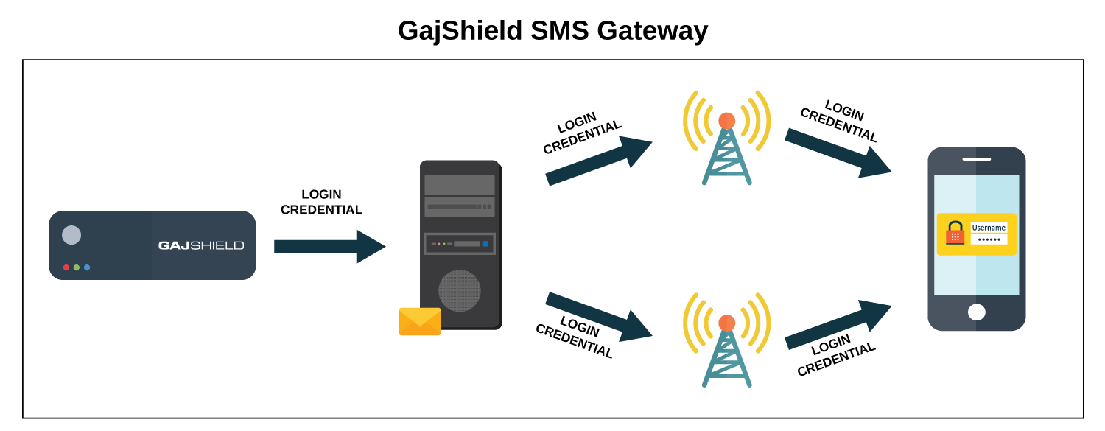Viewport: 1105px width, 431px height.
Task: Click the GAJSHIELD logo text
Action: (x=201, y=245)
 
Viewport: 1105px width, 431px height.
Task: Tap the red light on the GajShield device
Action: (x=66, y=267)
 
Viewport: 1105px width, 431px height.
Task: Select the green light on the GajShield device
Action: (x=77, y=267)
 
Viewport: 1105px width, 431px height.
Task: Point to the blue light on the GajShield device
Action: (x=87, y=267)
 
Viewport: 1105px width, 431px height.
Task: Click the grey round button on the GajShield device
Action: (x=71, y=235)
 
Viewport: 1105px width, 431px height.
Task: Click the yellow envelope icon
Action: (x=420, y=321)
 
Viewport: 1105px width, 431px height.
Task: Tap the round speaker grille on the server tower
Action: (x=460, y=290)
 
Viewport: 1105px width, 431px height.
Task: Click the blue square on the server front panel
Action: (x=485, y=244)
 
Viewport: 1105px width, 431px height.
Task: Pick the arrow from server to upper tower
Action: (x=597, y=161)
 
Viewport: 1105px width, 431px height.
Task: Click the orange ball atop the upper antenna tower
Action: (x=726, y=120)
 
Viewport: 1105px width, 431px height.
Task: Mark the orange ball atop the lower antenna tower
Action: (x=726, y=323)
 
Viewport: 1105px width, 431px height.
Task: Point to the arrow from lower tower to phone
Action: (x=837, y=324)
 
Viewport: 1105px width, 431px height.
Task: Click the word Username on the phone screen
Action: (x=989, y=228)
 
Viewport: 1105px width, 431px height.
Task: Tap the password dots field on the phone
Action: (x=989, y=239)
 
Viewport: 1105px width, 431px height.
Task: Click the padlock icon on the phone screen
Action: (x=955, y=233)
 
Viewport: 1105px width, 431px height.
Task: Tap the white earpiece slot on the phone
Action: (x=976, y=159)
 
